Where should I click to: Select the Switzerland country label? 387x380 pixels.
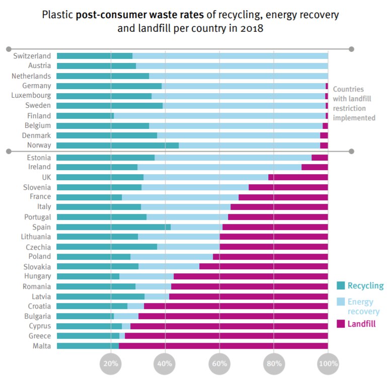32,56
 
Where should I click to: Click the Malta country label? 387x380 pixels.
41,346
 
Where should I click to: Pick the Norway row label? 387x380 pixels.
39,145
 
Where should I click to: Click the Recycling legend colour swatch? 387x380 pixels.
341,286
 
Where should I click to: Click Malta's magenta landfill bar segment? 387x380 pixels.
223,346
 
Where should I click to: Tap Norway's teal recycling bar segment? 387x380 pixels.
118,145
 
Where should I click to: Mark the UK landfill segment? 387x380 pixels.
298,177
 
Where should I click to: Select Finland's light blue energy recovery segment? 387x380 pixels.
219,116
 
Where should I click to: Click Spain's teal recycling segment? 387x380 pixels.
114,227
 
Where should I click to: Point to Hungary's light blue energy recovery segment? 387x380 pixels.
146,276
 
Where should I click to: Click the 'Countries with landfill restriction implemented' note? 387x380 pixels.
354,103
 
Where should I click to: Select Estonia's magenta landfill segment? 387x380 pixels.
320,158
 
